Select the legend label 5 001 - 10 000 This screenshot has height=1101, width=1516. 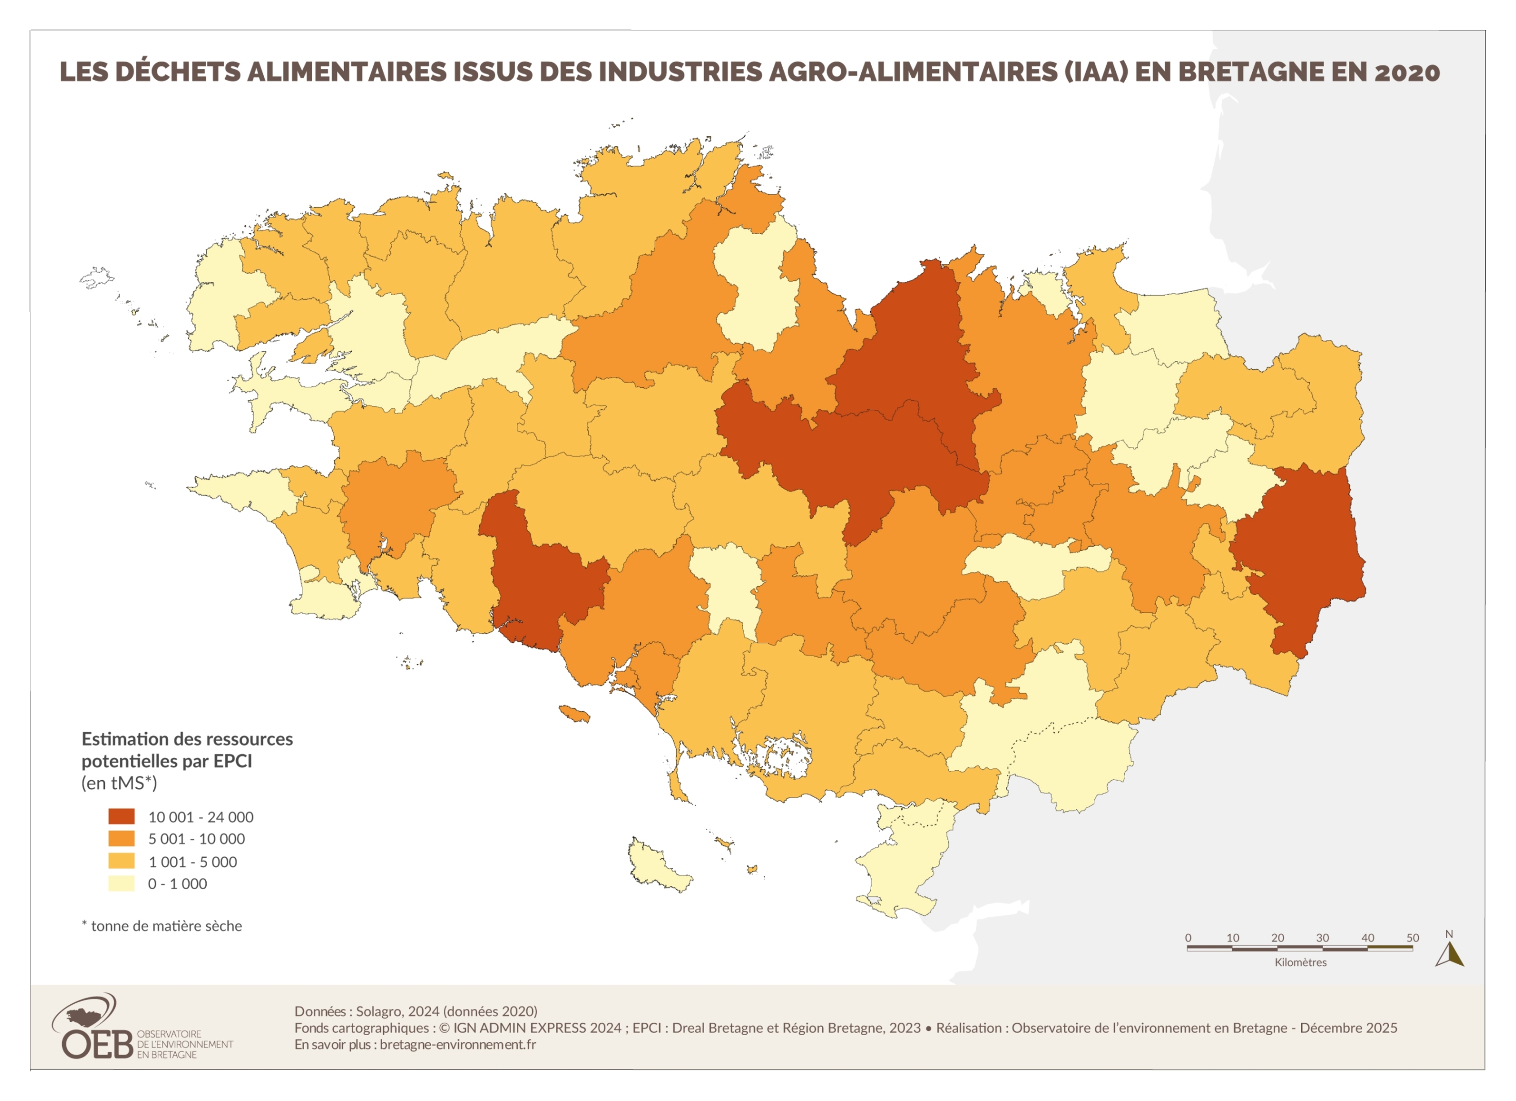pyautogui.click(x=196, y=839)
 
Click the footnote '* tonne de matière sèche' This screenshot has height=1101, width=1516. pyautogui.click(x=162, y=926)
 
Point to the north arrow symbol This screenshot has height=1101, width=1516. pyautogui.click(x=1449, y=954)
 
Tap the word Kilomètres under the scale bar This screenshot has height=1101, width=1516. pyautogui.click(x=1300, y=963)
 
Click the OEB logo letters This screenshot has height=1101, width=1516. pyautogui.click(x=97, y=1045)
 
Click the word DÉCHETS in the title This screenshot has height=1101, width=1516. pyautogui.click(x=177, y=72)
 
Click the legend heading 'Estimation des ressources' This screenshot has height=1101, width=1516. pyautogui.click(x=187, y=738)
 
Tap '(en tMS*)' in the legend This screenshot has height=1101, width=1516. pyautogui.click(x=119, y=783)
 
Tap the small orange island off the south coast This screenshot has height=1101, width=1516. pyautogui.click(x=573, y=713)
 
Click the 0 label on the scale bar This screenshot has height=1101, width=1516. pyautogui.click(x=1188, y=938)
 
